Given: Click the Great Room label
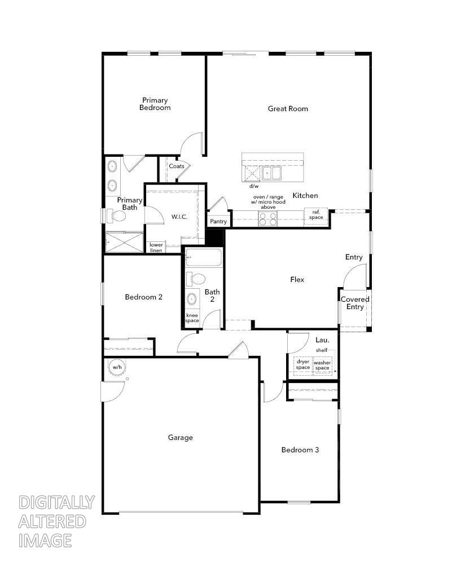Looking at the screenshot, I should coord(288,108).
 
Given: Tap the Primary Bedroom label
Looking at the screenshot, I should coord(155,104).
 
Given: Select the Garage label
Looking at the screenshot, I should coord(181,437).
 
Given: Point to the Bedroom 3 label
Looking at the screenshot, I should coord(300,450).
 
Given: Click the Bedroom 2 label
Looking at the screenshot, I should coord(144,297).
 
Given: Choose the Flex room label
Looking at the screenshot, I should coord(297,279).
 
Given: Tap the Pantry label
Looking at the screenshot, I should coord(218,222).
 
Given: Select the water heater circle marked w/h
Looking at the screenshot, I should coord(117,367).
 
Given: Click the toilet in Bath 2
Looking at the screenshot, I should coord(197,279).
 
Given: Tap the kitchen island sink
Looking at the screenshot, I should coord(271,173).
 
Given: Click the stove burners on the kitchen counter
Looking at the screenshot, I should coord(267,218).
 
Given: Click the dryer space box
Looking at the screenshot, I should coord(303,365).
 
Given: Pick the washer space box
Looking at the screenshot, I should coord(322,365).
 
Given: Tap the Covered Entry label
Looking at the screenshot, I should coord(355,303).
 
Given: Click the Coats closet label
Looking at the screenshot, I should coord(177,166).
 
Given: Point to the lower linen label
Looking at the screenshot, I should coord(156,248).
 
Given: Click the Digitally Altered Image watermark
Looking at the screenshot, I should coord(56,521).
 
